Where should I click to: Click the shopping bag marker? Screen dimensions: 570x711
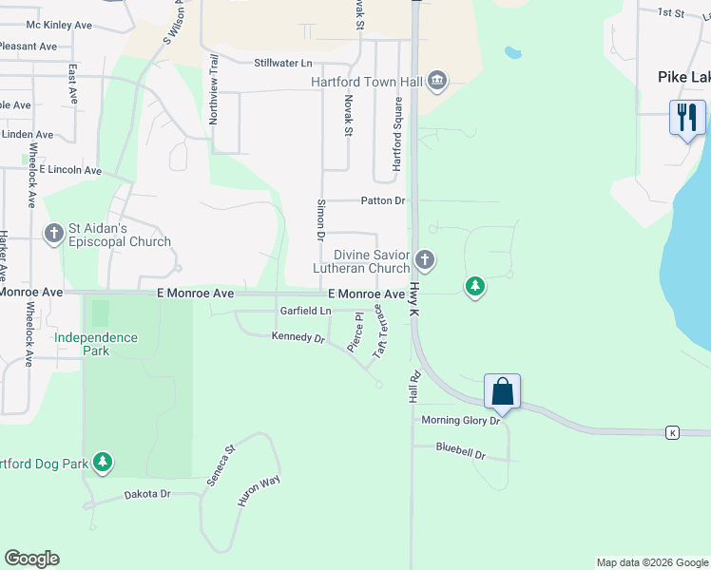[502, 390]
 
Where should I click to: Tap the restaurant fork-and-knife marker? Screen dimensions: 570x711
[687, 118]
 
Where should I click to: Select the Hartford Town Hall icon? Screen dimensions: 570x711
[436, 82]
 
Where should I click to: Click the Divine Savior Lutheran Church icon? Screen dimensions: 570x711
[425, 258]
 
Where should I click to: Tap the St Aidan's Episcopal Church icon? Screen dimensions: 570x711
[53, 232]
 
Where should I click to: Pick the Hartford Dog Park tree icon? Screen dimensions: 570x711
[103, 464]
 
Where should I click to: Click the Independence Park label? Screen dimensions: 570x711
[95, 344]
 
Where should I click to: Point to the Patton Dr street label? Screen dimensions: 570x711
[383, 201]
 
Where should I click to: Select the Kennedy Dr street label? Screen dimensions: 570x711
[298, 337]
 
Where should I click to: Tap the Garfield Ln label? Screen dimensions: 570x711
[305, 311]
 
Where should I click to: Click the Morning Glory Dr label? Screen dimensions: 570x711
[460, 420]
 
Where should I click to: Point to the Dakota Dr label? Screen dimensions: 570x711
[147, 494]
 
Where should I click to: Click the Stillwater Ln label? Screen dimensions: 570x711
[283, 63]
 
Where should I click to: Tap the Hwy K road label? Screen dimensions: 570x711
[415, 298]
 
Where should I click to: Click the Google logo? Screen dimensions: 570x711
[31, 559]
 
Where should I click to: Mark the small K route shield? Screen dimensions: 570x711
[672, 433]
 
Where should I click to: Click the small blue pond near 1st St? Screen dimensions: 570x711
[513, 51]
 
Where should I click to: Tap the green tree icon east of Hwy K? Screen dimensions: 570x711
[474, 286]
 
